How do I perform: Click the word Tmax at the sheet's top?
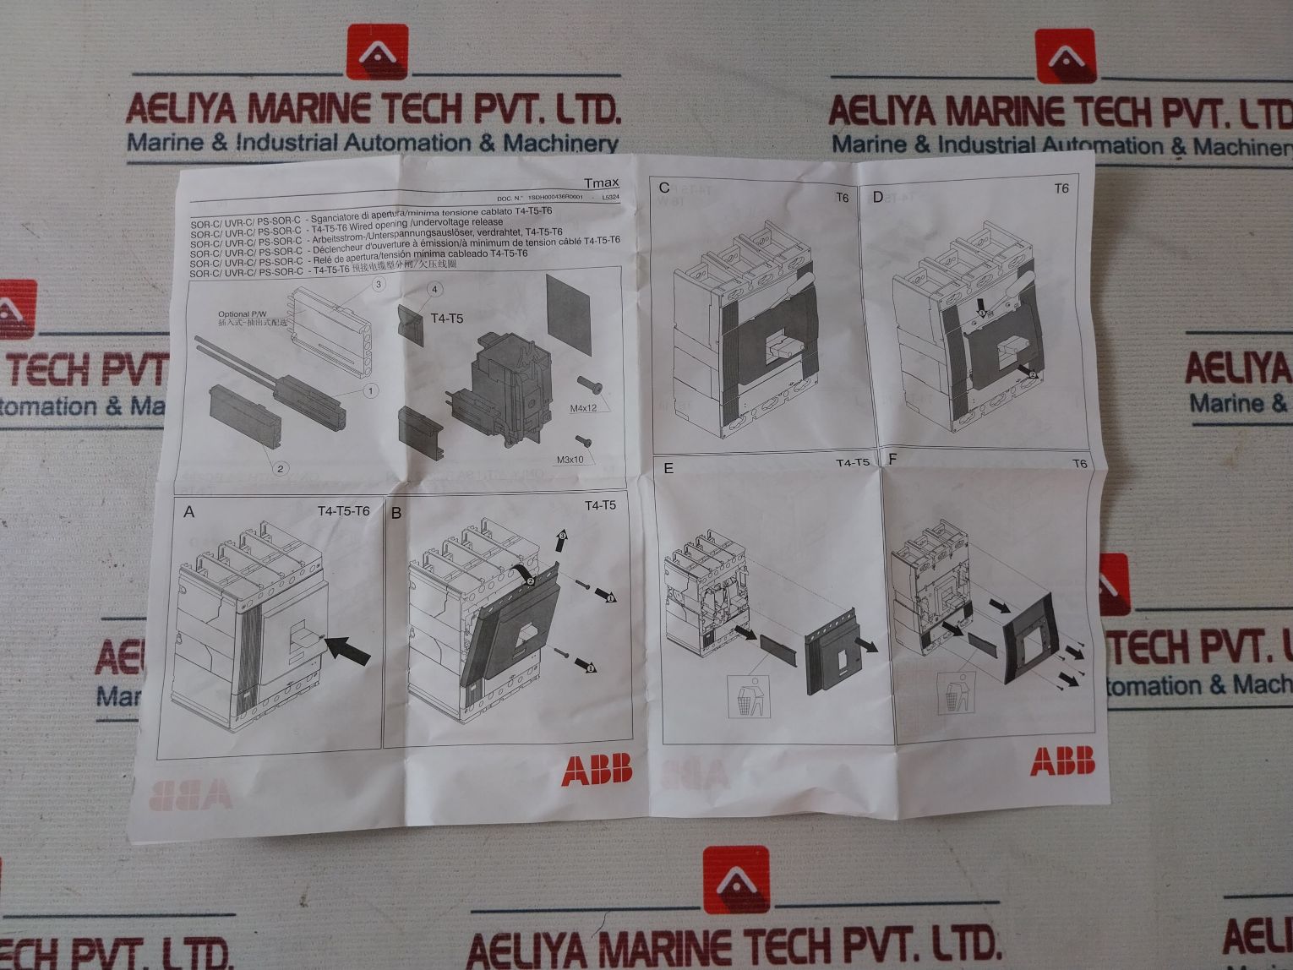[601, 182]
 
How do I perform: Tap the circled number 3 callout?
[379, 285]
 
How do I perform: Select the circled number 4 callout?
[434, 290]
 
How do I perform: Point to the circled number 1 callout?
[369, 390]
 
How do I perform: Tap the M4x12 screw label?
[582, 409]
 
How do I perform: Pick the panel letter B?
[396, 512]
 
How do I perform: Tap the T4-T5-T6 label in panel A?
[343, 511]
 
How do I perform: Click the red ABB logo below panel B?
[597, 770]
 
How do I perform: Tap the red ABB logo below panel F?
[1061, 760]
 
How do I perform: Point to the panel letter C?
[664, 188]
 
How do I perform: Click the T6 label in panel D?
[1061, 188]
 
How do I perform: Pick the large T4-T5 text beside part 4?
[447, 319]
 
